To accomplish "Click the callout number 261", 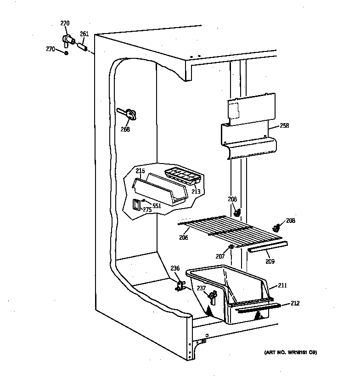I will tap(84, 34).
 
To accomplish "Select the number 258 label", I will tap(284, 125).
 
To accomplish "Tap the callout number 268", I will tap(125, 129).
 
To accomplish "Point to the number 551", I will tap(157, 206).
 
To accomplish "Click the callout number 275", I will tap(146, 210).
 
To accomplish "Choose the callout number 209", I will tap(269, 261).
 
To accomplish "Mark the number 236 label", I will tap(175, 269).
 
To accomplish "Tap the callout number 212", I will tap(294, 303).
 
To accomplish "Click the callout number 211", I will tap(282, 286).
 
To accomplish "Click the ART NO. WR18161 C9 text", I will tap(290, 353).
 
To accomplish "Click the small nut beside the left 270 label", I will tap(67, 53).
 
